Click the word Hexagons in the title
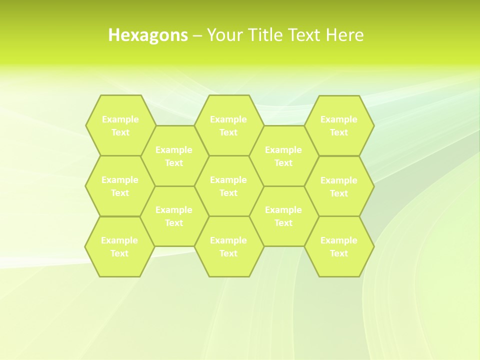click(148, 35)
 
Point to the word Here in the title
click(344, 35)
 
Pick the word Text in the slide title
click(305, 35)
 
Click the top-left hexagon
click(120, 125)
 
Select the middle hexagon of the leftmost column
click(120, 186)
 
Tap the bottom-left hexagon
click(119, 246)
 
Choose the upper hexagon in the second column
click(174, 156)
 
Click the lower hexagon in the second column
click(174, 216)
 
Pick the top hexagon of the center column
click(228, 125)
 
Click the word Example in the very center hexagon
click(228, 179)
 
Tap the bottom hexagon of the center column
click(228, 246)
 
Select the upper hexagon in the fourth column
click(283, 156)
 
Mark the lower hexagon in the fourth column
click(283, 216)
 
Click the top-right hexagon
click(339, 125)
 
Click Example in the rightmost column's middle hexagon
click(339, 180)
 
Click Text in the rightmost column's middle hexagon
click(339, 193)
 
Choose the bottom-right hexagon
click(339, 246)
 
